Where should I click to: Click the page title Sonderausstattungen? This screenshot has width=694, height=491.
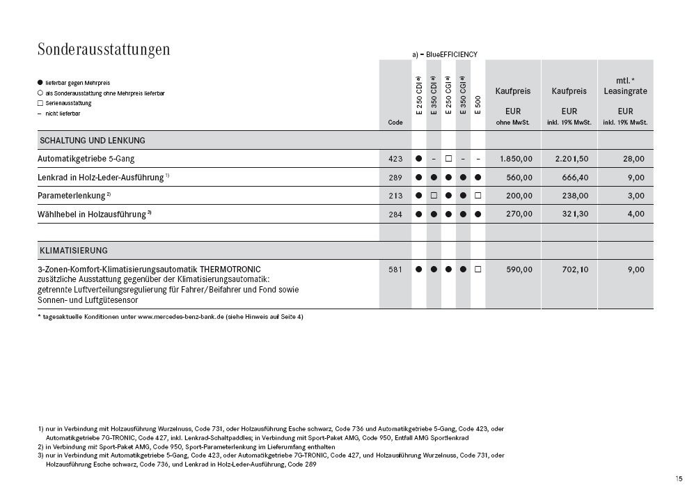pyautogui.click(x=104, y=49)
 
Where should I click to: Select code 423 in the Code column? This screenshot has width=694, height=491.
pyautogui.click(x=395, y=159)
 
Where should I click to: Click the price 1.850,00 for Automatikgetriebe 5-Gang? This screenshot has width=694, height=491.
pyautogui.click(x=516, y=159)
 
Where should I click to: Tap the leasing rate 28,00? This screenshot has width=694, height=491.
pyautogui.click(x=633, y=159)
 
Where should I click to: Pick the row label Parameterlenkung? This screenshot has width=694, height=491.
pyautogui.click(x=72, y=196)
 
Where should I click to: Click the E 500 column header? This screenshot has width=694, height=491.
pyautogui.click(x=478, y=103)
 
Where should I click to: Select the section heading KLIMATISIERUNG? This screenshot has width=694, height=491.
pyautogui.click(x=73, y=250)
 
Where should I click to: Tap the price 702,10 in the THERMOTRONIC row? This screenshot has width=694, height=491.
pyautogui.click(x=575, y=270)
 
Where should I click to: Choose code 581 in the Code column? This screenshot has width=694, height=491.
pyautogui.click(x=395, y=270)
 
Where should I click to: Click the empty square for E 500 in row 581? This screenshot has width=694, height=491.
pyautogui.click(x=478, y=270)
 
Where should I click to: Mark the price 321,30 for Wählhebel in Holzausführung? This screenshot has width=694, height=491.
pyautogui.click(x=575, y=214)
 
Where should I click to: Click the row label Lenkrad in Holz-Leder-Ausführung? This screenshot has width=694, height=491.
pyautogui.click(x=101, y=178)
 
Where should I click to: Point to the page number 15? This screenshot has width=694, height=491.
pyautogui.click(x=678, y=478)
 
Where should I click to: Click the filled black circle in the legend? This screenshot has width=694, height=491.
pyautogui.click(x=40, y=83)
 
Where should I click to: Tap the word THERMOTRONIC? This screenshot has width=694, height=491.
pyautogui.click(x=230, y=269)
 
